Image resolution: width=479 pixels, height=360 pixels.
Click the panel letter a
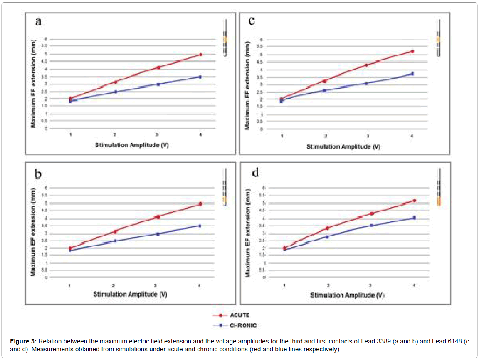click(38, 22)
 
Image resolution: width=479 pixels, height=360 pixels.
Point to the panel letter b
click(38, 174)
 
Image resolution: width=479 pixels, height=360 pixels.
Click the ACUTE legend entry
click(239, 315)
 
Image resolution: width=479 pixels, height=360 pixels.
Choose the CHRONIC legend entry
click(243, 325)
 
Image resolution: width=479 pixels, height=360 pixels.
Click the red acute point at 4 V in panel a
click(200, 55)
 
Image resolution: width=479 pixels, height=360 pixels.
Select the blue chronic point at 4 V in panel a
click(200, 77)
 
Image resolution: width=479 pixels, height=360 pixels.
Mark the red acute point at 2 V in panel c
click(325, 81)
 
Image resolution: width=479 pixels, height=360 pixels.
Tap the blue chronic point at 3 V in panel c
click(366, 83)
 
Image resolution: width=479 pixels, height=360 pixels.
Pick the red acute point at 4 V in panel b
click(200, 204)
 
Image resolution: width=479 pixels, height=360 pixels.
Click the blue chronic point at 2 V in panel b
click(115, 241)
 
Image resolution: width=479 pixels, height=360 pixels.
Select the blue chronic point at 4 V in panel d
click(414, 217)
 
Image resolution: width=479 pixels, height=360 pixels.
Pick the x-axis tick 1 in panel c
click(282, 136)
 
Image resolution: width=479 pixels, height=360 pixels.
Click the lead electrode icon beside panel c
click(439, 38)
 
